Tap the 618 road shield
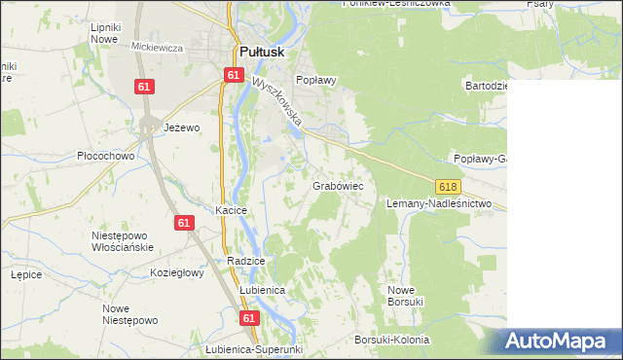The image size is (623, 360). (x=448, y=186)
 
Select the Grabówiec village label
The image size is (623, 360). (x=338, y=185)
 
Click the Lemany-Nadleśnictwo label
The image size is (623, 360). (x=439, y=204)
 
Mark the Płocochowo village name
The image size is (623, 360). (x=105, y=156)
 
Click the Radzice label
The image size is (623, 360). (x=245, y=261)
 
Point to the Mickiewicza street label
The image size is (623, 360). (x=157, y=47)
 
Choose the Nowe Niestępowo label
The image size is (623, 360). (x=129, y=314)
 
